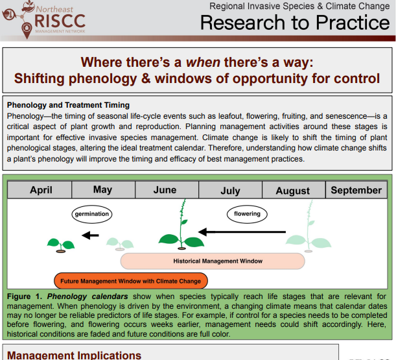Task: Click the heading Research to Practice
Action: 295,23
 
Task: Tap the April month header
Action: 41,190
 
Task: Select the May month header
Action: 102,190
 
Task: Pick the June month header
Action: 165,190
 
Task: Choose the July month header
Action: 230,191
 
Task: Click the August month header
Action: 292,191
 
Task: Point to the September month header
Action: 356,190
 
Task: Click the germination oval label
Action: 91,213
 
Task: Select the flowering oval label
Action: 247,213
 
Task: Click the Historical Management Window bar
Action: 213,261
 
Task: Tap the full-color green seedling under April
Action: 60,245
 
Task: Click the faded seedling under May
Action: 118,244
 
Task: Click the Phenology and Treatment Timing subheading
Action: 68,104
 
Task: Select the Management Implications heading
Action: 74,355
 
